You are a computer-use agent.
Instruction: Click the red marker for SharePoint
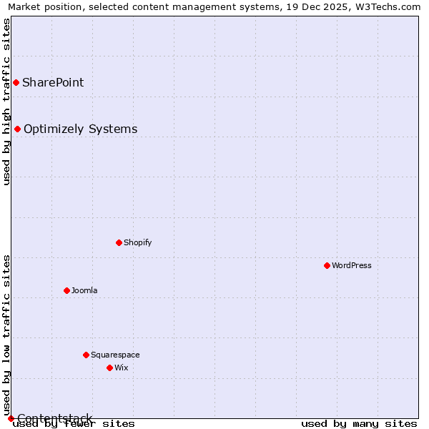[x=16, y=82]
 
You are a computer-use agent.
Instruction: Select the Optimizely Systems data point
[x=17, y=129]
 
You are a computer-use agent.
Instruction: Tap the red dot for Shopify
[x=119, y=242]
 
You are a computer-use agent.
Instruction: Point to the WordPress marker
[x=327, y=265]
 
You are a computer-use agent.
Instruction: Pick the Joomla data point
[x=66, y=290]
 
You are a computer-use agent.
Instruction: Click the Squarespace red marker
[x=86, y=355]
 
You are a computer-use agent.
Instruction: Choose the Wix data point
[x=109, y=368]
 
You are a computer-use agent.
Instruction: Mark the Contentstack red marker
[x=11, y=418]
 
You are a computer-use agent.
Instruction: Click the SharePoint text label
[x=53, y=82]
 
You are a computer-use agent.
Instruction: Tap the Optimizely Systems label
[x=80, y=129]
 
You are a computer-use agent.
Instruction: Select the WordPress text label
[x=352, y=265]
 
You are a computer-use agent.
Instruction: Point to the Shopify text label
[x=137, y=242]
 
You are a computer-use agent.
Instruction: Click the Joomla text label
[x=84, y=290]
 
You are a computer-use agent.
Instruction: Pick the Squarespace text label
[x=115, y=355]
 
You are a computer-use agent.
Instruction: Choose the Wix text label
[x=121, y=368]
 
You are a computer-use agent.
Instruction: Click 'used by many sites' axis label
[x=359, y=423]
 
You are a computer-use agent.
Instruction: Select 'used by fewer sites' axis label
[x=74, y=423]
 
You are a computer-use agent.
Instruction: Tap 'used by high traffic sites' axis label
[x=6, y=102]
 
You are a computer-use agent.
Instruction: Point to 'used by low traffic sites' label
[x=6, y=335]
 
